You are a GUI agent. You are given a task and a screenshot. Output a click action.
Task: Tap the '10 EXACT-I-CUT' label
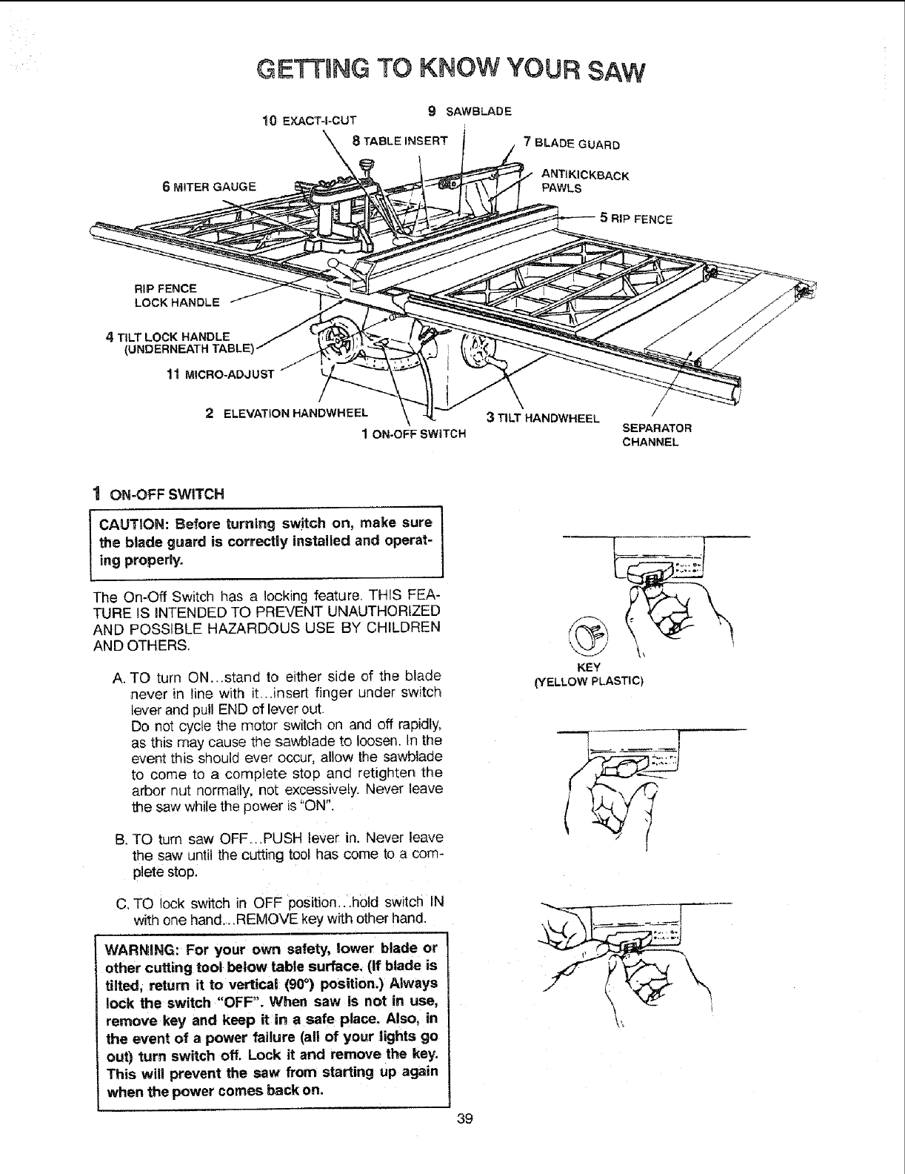310,120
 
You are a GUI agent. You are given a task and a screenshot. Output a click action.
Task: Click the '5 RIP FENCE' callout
636,219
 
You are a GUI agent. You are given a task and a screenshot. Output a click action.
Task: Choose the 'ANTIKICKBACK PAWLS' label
585,182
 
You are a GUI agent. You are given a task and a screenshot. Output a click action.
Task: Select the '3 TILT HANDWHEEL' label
542,418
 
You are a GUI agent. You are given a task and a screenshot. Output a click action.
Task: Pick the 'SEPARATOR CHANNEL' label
656,435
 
